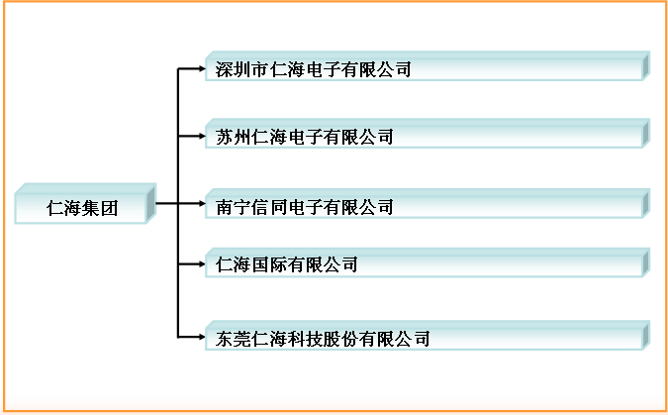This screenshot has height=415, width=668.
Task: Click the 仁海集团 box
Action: [84, 207]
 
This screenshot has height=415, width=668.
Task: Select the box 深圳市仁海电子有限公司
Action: [426, 69]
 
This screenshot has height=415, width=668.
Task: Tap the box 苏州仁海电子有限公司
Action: [426, 137]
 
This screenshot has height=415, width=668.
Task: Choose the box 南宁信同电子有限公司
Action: [426, 207]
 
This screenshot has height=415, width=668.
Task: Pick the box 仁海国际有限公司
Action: [426, 264]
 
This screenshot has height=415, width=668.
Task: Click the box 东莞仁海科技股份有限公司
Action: [426, 338]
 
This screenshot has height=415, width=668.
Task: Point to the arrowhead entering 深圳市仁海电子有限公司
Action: [201, 69]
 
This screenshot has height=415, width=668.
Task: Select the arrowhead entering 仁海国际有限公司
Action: [201, 264]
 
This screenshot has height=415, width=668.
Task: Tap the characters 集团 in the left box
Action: [101, 208]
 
